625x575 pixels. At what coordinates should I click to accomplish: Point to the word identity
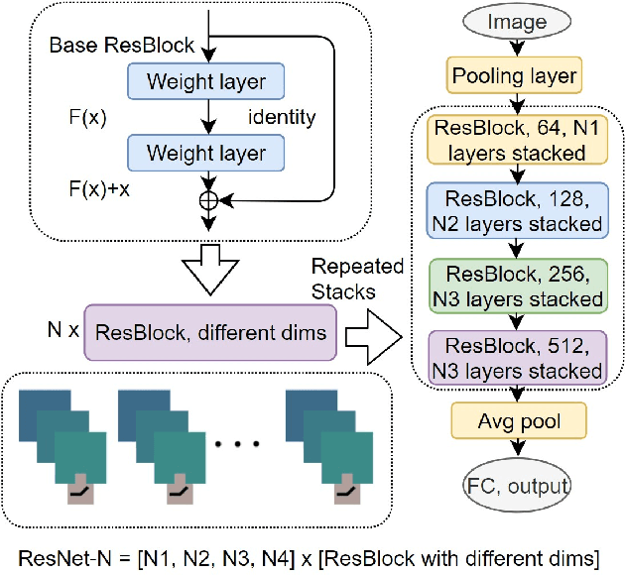click(x=282, y=118)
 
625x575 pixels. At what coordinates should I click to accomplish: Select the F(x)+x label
click(x=100, y=187)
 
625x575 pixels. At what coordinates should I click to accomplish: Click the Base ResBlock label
click(x=121, y=47)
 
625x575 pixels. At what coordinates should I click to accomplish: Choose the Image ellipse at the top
click(x=514, y=21)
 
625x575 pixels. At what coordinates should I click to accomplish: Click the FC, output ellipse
click(x=516, y=486)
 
